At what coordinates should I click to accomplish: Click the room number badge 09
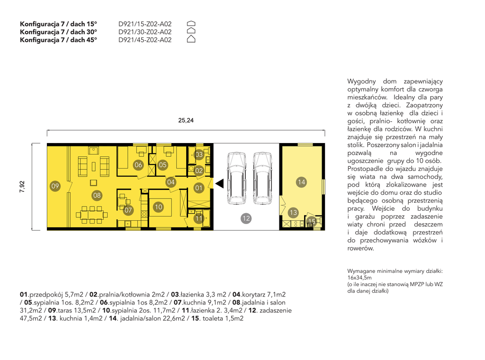[x=55, y=186]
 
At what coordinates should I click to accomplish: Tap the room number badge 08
[x=97, y=195]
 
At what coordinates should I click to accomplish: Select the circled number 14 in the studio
[x=301, y=182]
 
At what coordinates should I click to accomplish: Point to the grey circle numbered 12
[x=246, y=218]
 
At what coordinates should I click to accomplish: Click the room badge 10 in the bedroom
[x=158, y=207]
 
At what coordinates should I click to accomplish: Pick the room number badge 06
[x=138, y=165]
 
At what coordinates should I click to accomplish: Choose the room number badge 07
[x=128, y=210]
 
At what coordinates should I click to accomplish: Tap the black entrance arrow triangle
[x=220, y=183]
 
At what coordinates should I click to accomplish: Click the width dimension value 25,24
[x=186, y=120]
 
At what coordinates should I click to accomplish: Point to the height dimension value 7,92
[x=22, y=187]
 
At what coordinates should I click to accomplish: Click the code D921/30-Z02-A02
[x=145, y=32]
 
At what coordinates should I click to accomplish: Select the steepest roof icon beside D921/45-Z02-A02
[x=191, y=39]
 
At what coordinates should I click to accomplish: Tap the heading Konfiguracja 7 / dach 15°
[x=58, y=24]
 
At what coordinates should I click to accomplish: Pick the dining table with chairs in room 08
[x=91, y=214]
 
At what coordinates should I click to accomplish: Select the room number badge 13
[x=293, y=213]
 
